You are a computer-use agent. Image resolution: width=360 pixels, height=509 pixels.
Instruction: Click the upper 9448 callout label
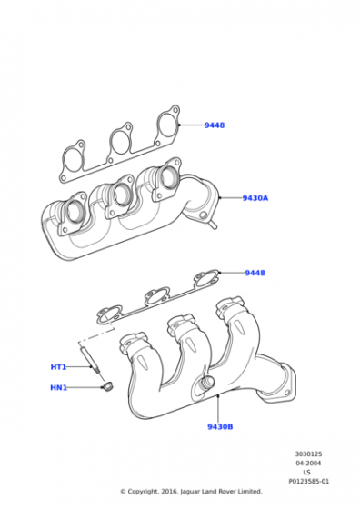pyautogui.click(x=215, y=125)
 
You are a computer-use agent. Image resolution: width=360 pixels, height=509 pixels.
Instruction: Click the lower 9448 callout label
pyautogui.click(x=255, y=273)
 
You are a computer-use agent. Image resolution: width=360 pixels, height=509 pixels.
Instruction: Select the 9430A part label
pyautogui.click(x=255, y=198)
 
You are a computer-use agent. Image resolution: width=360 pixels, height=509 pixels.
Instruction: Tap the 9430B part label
pyautogui.click(x=220, y=426)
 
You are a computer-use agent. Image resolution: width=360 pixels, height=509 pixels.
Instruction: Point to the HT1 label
pyautogui.click(x=58, y=367)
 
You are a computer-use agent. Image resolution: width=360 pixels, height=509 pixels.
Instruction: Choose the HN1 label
pyautogui.click(x=59, y=387)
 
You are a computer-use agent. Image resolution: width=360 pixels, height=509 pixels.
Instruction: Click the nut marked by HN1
pyautogui.click(x=106, y=387)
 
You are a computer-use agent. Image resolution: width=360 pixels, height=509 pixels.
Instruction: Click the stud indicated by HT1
pyautogui.click(x=92, y=360)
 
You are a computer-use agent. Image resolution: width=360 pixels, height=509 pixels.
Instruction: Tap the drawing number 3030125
pyautogui.click(x=308, y=454)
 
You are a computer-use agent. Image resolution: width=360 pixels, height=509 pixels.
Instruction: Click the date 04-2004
pyautogui.click(x=308, y=464)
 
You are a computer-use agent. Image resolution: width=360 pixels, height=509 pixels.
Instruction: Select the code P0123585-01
pyautogui.click(x=309, y=482)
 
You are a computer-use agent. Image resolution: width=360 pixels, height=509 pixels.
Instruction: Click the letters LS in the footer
pyautogui.click(x=306, y=473)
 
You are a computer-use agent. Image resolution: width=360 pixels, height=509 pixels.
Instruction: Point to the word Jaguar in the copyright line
pyautogui.click(x=190, y=492)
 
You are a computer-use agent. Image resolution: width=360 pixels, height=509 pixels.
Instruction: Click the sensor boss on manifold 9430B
pyautogui.click(x=206, y=382)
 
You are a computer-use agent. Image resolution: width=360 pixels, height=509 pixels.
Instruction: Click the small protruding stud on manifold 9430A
pyautogui.click(x=213, y=225)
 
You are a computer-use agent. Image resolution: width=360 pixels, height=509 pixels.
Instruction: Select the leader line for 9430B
pyautogui.click(x=218, y=408)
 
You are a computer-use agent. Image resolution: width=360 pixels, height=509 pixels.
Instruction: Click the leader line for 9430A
pyautogui.click(x=231, y=197)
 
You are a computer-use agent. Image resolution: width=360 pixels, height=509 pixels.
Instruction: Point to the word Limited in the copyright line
pyautogui.click(x=250, y=492)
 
